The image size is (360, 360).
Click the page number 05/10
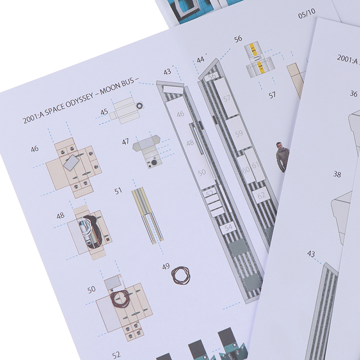coord(307,13)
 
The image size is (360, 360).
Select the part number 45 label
coord(104,112)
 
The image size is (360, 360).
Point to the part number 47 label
coord(126,141)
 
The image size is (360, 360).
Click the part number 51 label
coord(118,191)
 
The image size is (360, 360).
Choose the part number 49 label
coord(166,266)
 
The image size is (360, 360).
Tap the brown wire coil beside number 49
coord(181,275)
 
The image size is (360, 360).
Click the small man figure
coord(283,157)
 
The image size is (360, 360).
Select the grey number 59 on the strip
coord(239,133)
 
